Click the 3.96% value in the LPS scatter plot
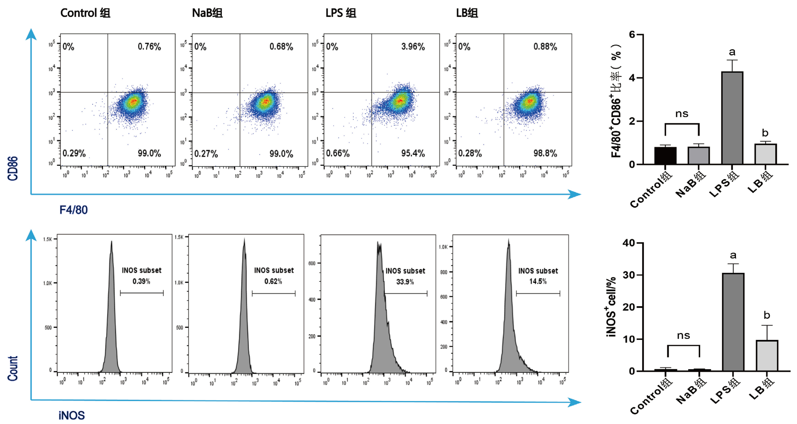click(413, 47)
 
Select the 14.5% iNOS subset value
click(538, 281)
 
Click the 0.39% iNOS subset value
click(141, 281)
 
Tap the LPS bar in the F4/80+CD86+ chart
click(732, 117)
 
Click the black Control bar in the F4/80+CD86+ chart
click(665, 155)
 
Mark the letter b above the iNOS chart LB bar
click(767, 315)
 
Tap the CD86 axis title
click(13, 169)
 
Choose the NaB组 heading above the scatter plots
click(207, 13)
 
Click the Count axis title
click(13, 368)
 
